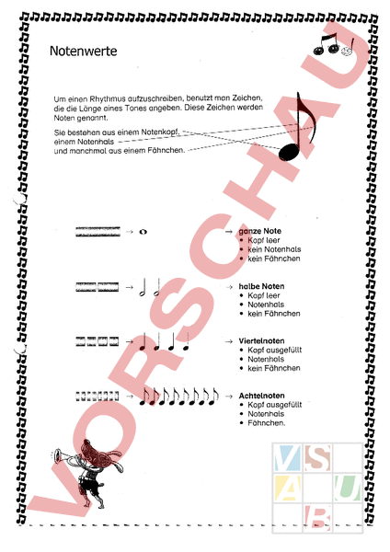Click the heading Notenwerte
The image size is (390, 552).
83,53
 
